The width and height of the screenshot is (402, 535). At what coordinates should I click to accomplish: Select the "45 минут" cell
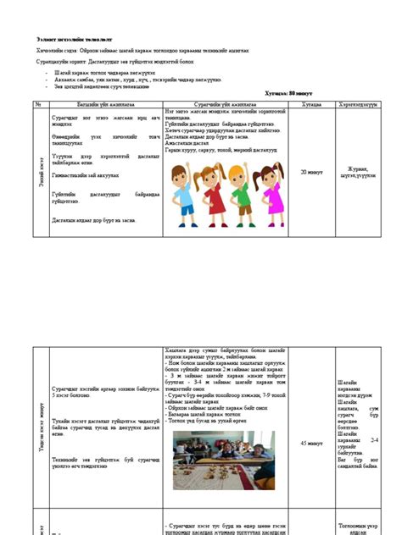(310, 443)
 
